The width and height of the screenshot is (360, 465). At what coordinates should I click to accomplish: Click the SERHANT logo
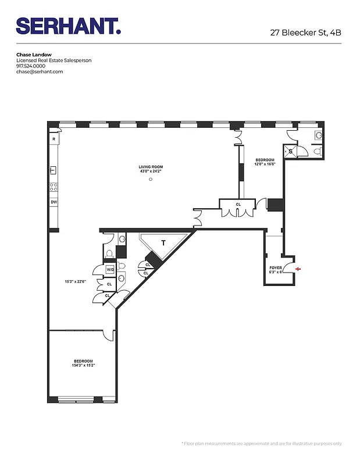click(x=68, y=26)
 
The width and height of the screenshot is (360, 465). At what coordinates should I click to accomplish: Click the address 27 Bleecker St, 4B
click(x=305, y=33)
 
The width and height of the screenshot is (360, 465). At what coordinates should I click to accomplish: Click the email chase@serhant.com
click(x=39, y=71)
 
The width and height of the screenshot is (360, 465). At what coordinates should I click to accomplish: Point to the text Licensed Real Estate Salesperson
click(x=54, y=60)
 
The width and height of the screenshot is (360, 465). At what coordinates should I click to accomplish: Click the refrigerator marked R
click(x=54, y=139)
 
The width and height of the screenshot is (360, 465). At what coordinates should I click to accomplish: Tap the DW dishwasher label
click(x=54, y=202)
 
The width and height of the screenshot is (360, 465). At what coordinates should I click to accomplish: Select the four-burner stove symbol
click(x=54, y=187)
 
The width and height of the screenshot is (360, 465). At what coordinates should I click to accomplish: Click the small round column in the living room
click(x=150, y=180)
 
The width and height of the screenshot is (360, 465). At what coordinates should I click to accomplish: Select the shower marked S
click(x=291, y=151)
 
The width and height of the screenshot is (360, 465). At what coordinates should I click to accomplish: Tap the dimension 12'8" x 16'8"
click(x=265, y=164)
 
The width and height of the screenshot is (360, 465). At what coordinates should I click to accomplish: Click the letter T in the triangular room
click(x=163, y=243)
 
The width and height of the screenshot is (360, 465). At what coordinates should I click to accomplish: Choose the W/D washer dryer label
click(x=110, y=269)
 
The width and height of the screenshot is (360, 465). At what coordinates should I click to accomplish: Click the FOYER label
click(x=276, y=267)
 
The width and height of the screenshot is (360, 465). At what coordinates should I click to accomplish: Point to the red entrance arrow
click(x=298, y=269)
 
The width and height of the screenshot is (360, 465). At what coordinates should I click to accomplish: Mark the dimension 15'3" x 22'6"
click(x=74, y=282)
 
